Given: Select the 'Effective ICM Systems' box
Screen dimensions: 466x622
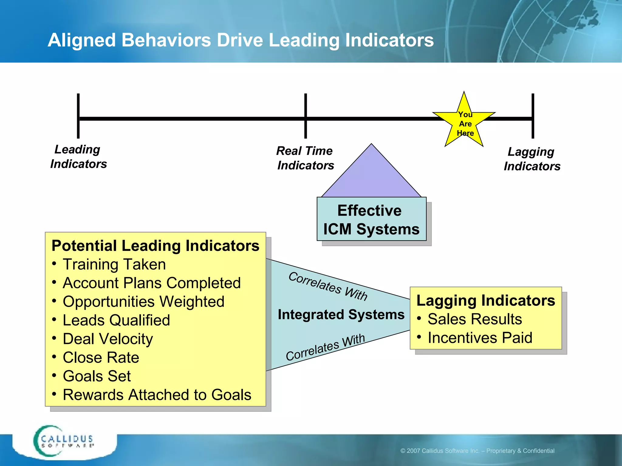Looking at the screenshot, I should pos(371,219).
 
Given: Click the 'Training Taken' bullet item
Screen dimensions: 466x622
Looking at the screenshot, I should pos(114,264).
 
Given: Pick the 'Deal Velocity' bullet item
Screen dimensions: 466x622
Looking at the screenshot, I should pos(108,339).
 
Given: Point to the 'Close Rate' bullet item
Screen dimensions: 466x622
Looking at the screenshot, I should pos(101,357).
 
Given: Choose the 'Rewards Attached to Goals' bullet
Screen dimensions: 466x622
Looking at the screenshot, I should pos(157,395).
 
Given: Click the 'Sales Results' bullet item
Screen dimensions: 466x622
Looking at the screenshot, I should pos(474,319).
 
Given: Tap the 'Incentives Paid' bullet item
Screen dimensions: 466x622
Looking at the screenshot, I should pos(480,338).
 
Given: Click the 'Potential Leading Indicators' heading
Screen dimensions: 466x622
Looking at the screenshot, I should pos(155,245).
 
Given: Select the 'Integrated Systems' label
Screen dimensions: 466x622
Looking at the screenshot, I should pos(341,315).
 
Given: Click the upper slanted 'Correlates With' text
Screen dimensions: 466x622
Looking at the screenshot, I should pos(328,286).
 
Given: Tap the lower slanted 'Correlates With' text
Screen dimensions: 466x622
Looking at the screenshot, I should pos(325,348).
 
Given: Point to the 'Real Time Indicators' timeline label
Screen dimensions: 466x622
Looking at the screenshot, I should pos(305,158).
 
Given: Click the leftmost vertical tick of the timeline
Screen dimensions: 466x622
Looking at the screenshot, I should pos(78,116).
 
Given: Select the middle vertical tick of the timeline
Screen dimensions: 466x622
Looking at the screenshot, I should pos(306,116).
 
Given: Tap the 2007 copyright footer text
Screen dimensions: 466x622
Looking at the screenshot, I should pos(477,451).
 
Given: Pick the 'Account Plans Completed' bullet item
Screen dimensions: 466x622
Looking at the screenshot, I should pos(152,283).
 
